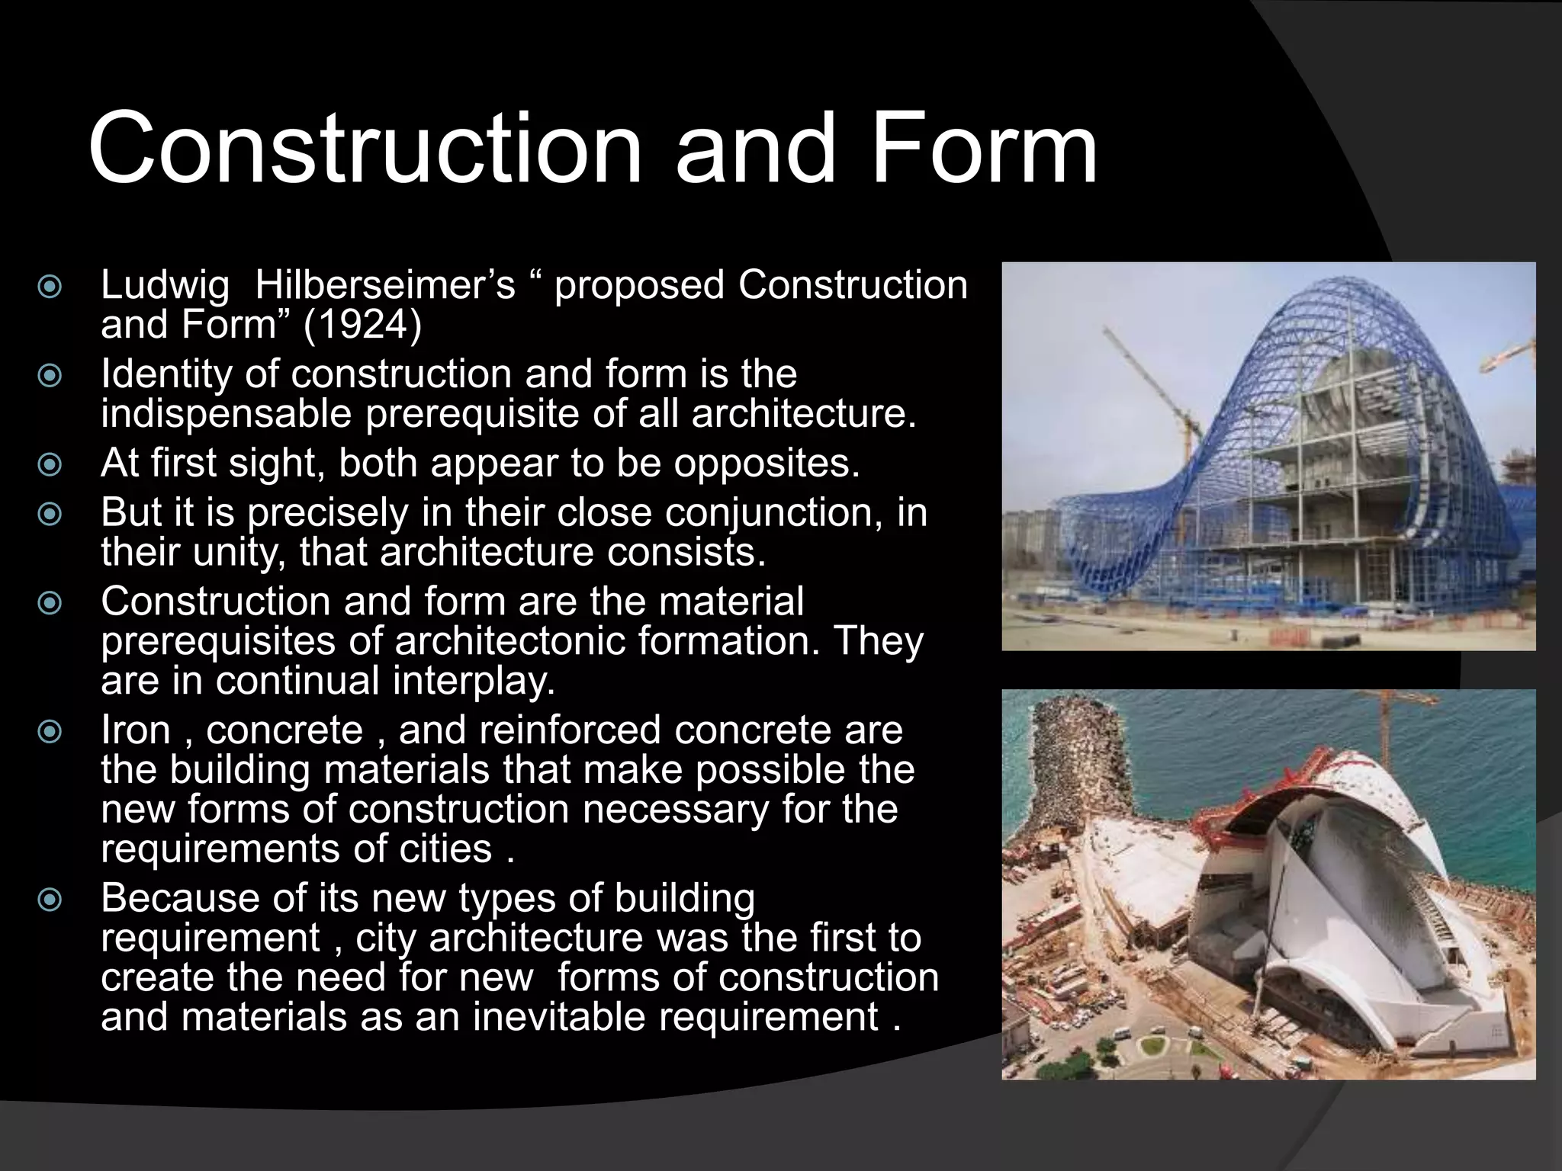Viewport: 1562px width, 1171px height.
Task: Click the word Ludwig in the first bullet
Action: coord(165,286)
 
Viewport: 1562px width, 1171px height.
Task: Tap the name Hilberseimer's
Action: coord(385,286)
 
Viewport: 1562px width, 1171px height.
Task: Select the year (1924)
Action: coord(362,326)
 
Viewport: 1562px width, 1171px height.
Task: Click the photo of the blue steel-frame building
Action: coord(1268,456)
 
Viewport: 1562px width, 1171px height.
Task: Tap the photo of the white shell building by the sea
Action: coord(1268,884)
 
